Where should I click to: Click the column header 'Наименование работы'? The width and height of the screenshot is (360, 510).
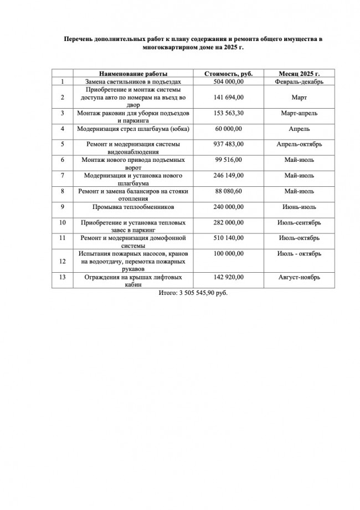[x=133, y=74]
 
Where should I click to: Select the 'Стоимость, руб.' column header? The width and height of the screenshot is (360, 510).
[x=228, y=74]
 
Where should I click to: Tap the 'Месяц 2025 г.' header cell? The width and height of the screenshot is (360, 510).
[x=299, y=74]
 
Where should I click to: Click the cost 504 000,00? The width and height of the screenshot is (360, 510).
[x=228, y=81]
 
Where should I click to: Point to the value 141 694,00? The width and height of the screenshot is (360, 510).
[x=228, y=98]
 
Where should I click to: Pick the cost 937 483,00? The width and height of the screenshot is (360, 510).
[x=228, y=144]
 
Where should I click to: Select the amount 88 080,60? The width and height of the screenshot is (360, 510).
[x=228, y=191]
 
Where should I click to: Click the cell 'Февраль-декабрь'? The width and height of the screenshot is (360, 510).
[x=299, y=81]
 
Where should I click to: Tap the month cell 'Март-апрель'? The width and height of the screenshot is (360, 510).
[x=299, y=113]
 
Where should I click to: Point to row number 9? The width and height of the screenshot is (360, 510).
[x=63, y=207]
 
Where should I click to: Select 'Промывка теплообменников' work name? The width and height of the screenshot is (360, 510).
[x=133, y=207]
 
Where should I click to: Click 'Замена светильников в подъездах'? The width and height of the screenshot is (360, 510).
[x=133, y=81]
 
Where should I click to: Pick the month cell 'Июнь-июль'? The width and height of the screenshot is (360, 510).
[x=299, y=207]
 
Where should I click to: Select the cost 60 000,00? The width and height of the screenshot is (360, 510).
[x=228, y=129]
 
